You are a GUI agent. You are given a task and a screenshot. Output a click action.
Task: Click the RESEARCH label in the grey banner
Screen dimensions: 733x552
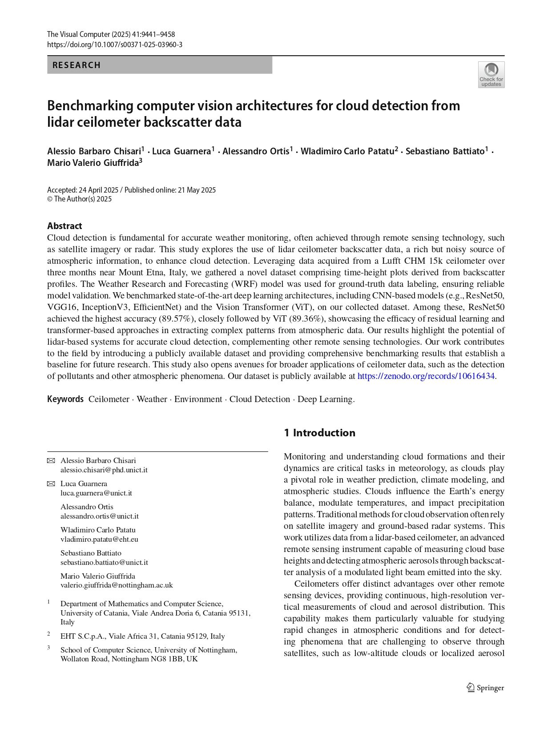77,65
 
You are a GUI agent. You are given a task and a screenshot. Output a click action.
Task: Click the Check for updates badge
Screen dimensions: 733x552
491,75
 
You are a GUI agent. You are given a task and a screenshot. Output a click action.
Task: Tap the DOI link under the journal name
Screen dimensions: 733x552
115,45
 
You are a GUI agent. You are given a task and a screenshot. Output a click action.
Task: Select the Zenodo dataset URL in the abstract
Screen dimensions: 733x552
426,376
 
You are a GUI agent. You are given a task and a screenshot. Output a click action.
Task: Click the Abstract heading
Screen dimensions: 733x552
64,226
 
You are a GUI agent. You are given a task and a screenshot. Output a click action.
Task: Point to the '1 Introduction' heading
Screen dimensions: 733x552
319,433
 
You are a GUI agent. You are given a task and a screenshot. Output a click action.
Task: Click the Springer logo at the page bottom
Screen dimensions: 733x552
485,688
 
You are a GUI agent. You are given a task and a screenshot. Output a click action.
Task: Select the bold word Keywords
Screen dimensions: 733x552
65,399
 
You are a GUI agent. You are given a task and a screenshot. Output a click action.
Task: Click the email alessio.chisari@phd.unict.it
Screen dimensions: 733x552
104,470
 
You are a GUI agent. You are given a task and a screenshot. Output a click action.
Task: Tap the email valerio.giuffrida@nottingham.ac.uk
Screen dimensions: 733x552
117,585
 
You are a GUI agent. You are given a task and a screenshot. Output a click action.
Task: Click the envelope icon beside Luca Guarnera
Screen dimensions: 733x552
51,484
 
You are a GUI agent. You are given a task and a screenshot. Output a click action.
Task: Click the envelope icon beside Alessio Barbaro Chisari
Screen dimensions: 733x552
51,461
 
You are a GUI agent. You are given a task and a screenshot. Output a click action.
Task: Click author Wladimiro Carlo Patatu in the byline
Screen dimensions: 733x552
347,152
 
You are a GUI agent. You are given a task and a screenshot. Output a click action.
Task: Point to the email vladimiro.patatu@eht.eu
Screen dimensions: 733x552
99,540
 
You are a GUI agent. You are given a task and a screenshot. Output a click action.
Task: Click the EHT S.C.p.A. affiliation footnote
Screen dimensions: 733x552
142,636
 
